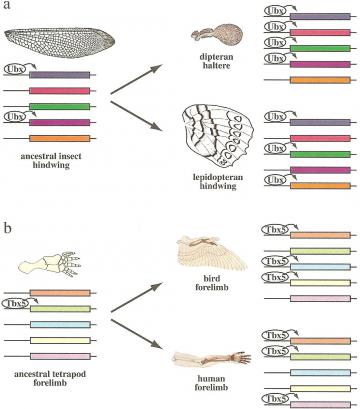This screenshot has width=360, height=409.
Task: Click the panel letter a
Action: pyautogui.click(x=6, y=9)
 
